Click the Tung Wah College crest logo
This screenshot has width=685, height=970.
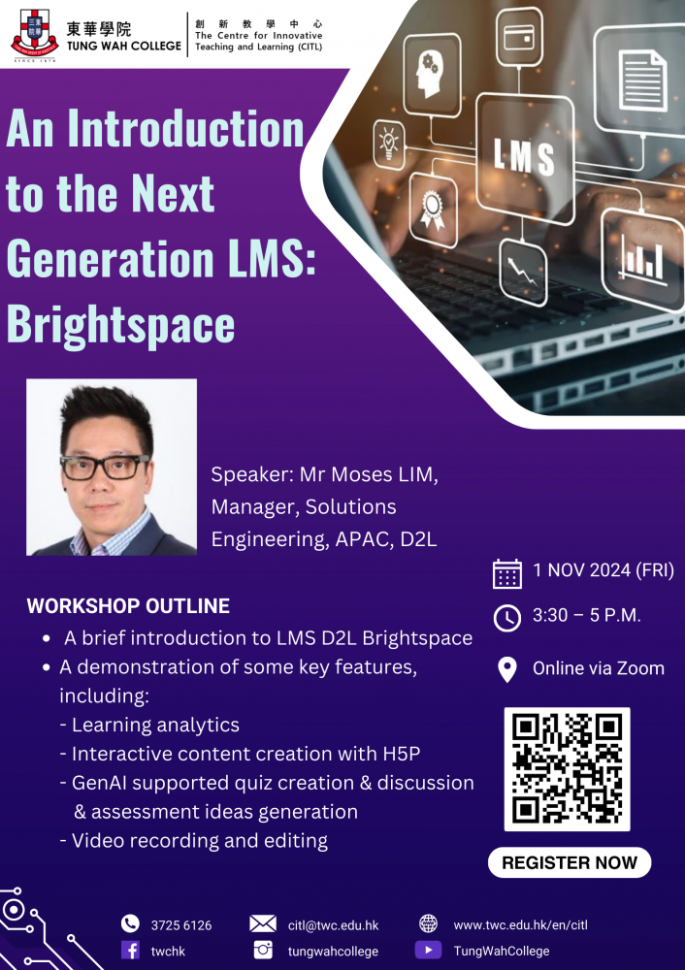34,33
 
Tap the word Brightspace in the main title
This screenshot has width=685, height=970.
120,324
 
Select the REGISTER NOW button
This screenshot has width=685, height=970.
570,862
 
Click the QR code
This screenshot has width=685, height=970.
567,769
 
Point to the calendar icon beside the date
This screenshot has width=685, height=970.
506,573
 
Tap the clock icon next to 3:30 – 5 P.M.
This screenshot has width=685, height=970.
506,618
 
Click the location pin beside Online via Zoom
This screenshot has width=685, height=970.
506,668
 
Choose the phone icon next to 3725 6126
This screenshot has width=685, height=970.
130,923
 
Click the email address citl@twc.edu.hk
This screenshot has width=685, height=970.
333,925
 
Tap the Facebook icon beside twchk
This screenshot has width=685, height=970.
130,950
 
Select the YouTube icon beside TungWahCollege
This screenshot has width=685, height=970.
428,950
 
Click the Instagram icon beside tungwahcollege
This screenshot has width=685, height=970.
263,950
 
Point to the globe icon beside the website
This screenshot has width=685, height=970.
428,923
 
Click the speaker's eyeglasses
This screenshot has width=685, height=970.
105,467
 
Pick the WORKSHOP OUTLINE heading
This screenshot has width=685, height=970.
128,605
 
